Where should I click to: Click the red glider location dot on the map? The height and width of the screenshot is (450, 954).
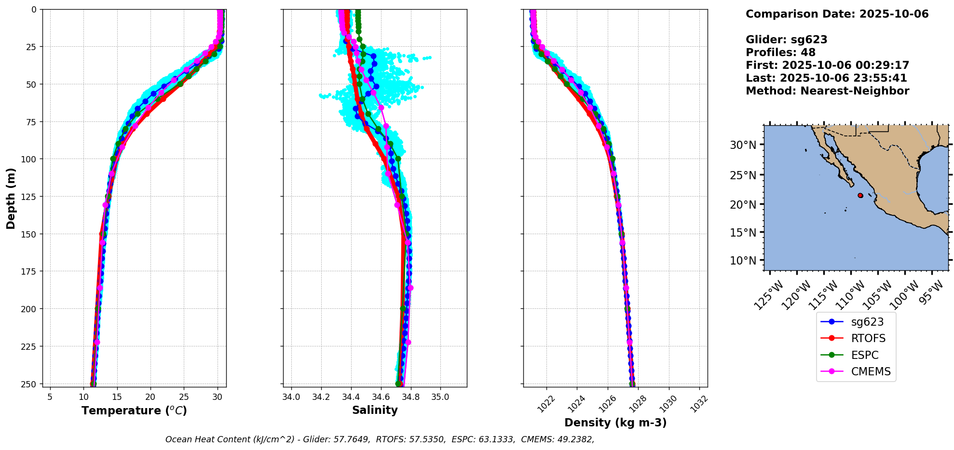pos(860,195)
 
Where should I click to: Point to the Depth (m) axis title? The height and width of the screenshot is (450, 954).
pos(11,198)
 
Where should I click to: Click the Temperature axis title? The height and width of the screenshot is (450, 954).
pos(134,410)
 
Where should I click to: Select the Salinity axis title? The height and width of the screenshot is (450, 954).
pos(375,410)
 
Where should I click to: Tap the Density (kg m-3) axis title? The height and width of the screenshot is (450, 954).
pos(615,423)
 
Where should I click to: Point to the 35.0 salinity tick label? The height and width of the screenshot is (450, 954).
pos(440,397)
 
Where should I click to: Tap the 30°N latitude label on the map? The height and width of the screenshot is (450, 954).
pos(743,145)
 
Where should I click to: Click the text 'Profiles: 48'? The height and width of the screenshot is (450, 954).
pos(780,53)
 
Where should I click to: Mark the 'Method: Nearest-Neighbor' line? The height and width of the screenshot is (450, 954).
pos(827,91)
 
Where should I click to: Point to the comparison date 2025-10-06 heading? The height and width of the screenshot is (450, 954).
pos(837,14)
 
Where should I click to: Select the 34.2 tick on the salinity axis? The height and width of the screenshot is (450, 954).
pos(321,397)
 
